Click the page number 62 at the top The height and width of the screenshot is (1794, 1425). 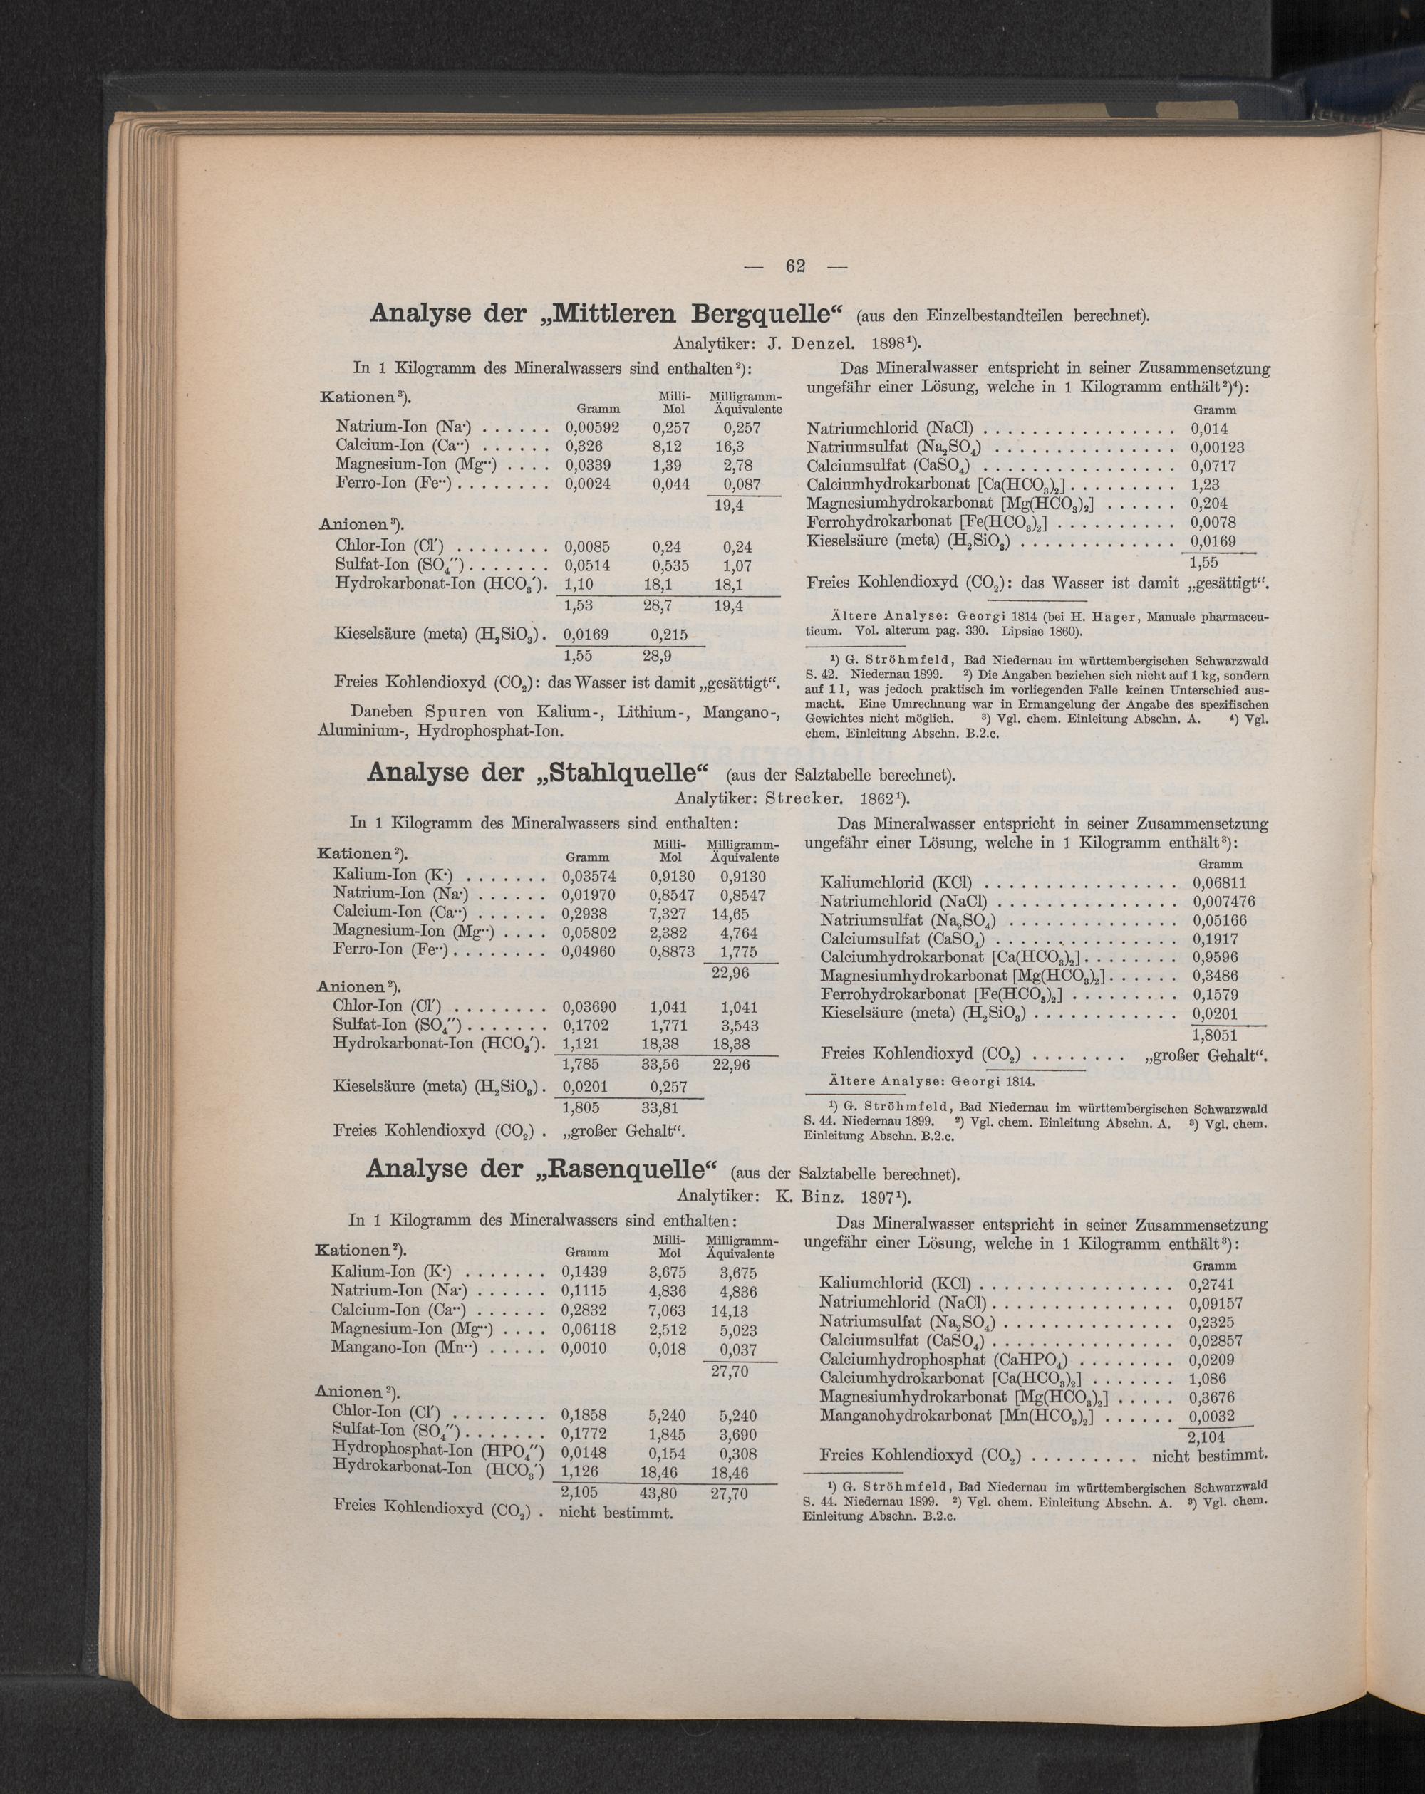coord(795,266)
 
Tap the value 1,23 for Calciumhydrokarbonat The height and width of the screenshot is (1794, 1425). coord(1204,484)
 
